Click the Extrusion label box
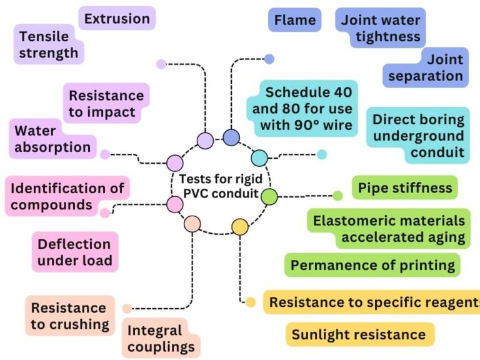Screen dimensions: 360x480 117,19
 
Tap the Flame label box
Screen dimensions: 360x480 295,20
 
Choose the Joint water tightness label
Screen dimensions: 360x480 381,28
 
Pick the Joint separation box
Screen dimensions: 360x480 425,67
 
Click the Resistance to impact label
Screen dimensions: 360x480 106,104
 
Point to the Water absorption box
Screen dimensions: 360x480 52,139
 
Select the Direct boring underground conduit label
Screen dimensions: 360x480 418,135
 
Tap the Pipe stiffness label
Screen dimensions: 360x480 405,187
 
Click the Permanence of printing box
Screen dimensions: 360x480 372,265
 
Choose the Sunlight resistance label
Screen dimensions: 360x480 359,334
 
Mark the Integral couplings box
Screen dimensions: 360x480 161,338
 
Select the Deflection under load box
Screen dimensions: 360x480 74,252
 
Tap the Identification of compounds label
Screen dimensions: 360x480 67,196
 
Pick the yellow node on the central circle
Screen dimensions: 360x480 240,226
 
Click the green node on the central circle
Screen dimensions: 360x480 269,197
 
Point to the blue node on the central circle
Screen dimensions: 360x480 231,137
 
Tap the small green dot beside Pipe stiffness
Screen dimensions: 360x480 337,196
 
